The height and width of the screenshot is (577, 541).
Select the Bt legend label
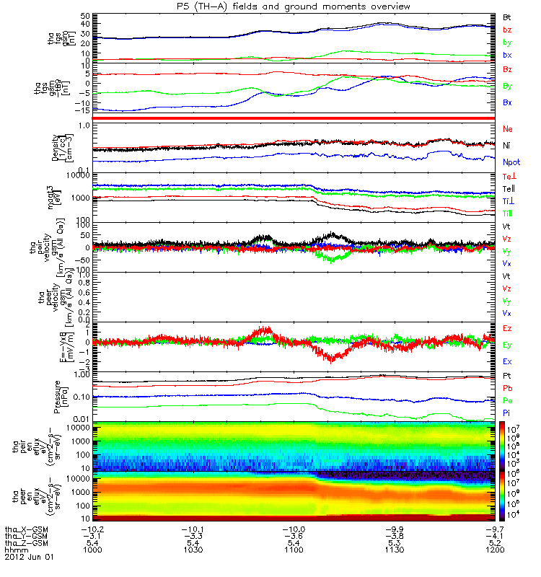(x=507, y=16)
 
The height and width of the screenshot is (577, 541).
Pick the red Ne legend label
(x=508, y=128)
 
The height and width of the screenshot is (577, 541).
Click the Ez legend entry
(x=507, y=328)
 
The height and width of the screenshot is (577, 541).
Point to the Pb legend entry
(x=507, y=388)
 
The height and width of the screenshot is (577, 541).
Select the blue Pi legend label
(x=507, y=413)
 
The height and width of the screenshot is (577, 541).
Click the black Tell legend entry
(x=508, y=189)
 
